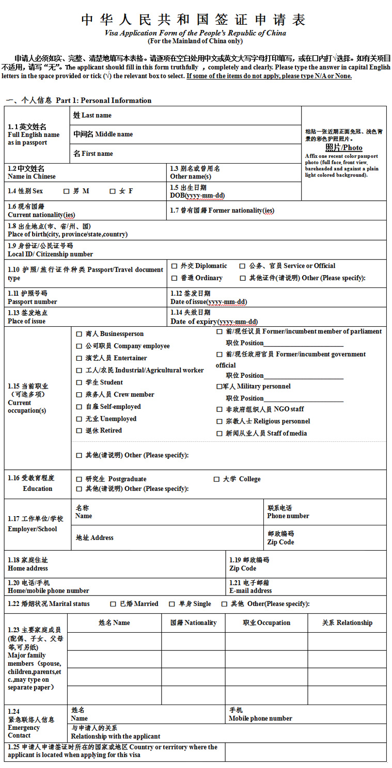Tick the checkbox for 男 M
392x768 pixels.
point(66,191)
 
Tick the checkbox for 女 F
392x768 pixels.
point(113,191)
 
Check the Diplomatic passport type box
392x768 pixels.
point(174,266)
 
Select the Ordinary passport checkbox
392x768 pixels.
point(174,278)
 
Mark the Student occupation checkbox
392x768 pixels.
point(79,383)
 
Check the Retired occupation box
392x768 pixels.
point(79,431)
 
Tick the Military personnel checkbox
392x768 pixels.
point(219,387)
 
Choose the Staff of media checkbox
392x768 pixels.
point(219,434)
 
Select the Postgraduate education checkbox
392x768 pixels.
point(79,479)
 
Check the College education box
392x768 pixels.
point(216,479)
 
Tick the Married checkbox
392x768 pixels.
point(113,604)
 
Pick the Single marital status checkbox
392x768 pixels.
point(172,604)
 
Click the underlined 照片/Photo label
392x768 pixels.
point(343,148)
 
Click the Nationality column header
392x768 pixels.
point(193,623)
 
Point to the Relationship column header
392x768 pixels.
point(347,623)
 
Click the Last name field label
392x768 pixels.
point(92,116)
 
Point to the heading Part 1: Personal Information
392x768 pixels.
point(103,101)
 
